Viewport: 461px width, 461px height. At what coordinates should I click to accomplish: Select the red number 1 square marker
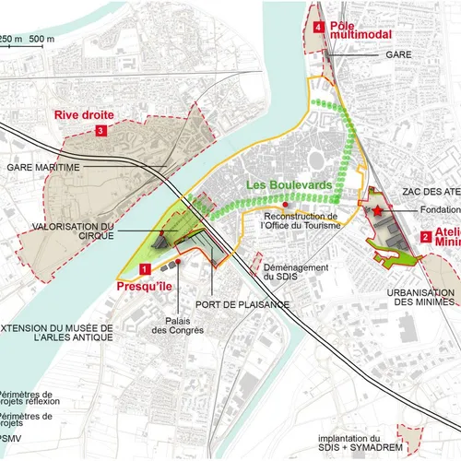[x=144, y=269]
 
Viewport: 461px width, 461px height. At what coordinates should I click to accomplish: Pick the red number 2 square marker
[x=425, y=237]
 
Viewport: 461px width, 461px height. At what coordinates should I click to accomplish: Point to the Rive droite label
[x=84, y=115]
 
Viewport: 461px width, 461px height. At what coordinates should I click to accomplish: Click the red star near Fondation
[x=378, y=212]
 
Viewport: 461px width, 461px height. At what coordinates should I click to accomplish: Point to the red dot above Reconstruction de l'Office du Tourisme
[x=287, y=205]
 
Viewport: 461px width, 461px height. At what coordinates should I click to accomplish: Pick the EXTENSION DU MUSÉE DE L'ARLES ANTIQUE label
[x=55, y=333]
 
